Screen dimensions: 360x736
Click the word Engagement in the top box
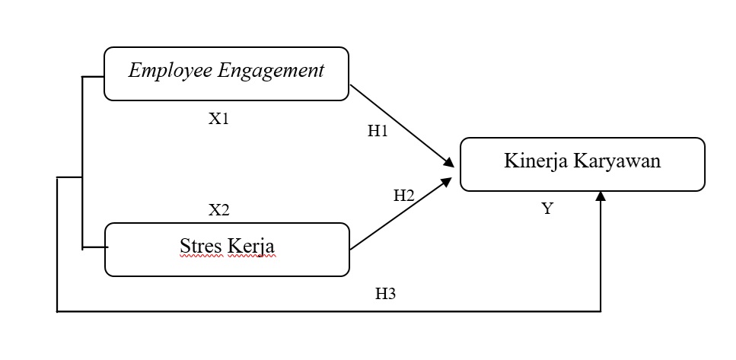272,72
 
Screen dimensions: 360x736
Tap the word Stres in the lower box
199,247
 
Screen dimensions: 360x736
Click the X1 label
219,119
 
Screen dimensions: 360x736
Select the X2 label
219,210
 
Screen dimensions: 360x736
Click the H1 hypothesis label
378,131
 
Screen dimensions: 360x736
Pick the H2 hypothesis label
403,196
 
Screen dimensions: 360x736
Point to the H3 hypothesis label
386,295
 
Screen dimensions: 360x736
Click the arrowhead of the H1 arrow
450,162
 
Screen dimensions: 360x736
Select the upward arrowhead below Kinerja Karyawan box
601,197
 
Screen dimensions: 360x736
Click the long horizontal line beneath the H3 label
327,311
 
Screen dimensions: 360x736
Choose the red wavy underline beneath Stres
200,257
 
